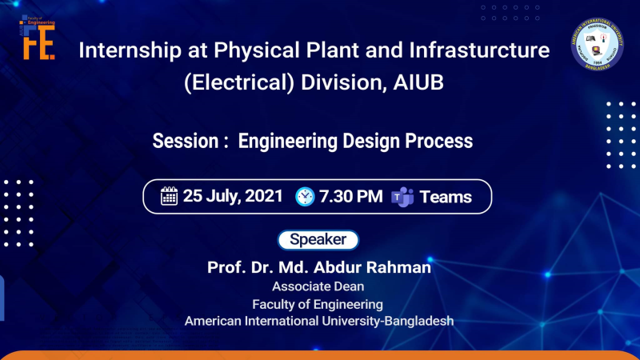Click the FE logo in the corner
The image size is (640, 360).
point(38,39)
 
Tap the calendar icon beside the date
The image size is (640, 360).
point(169,196)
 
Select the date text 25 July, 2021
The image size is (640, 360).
point(233,196)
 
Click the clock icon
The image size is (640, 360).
point(305,196)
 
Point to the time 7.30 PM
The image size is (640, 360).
point(350,196)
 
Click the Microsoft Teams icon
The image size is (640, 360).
point(401,197)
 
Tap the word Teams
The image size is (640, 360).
point(446,197)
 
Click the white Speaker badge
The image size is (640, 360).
point(318,239)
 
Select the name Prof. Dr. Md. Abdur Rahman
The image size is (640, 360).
point(318,268)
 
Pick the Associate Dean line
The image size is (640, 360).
point(318,286)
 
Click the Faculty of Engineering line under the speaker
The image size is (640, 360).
point(318,304)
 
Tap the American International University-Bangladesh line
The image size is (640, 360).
point(318,321)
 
